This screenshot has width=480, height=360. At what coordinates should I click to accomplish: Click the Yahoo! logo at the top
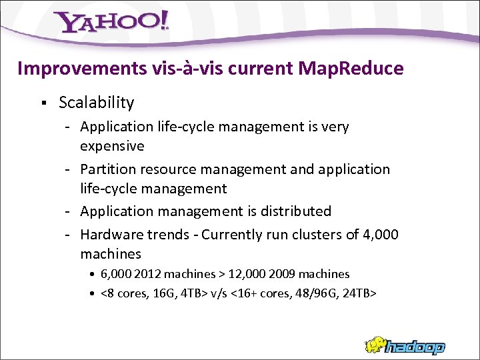point(113,23)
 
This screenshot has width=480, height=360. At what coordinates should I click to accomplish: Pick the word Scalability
point(96,103)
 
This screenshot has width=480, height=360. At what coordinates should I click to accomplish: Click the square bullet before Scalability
point(42,103)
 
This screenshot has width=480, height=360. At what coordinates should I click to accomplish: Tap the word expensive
point(112,146)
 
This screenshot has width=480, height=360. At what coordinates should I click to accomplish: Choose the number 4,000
point(379,235)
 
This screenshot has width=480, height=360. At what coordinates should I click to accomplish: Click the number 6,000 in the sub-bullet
point(116,274)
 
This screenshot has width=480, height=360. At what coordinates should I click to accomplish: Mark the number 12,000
point(246,274)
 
